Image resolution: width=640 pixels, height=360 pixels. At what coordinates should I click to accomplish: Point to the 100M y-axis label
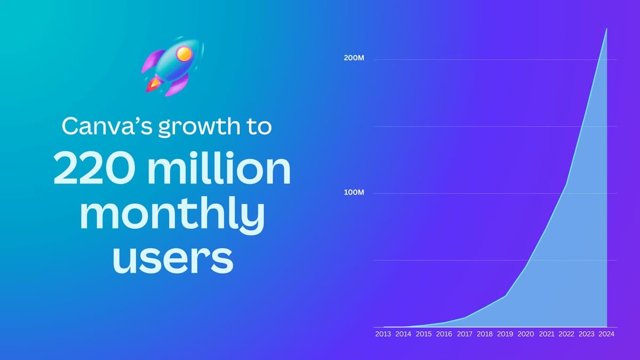(x=355, y=193)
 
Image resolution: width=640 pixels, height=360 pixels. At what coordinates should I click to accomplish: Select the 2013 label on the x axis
(x=383, y=334)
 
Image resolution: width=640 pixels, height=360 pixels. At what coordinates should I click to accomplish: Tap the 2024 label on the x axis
(x=606, y=334)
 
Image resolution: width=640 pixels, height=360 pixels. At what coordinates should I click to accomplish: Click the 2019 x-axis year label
(x=505, y=334)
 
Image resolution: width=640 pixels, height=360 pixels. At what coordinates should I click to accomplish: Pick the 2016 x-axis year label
(x=444, y=334)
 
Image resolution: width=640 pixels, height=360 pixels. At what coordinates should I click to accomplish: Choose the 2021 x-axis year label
(x=546, y=334)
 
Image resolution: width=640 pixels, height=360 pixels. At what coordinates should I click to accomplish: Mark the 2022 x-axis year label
(x=566, y=334)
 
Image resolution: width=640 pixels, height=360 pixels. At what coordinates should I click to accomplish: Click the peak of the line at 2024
(x=606, y=28)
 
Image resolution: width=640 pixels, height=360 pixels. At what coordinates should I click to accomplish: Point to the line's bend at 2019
(x=506, y=295)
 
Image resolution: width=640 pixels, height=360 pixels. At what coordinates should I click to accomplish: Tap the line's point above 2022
(x=566, y=185)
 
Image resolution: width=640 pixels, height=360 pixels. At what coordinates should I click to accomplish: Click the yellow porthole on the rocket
(x=184, y=53)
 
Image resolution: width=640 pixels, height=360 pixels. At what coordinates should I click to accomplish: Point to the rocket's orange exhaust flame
(x=154, y=83)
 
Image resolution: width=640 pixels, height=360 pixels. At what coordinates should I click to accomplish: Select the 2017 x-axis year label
(x=465, y=334)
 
